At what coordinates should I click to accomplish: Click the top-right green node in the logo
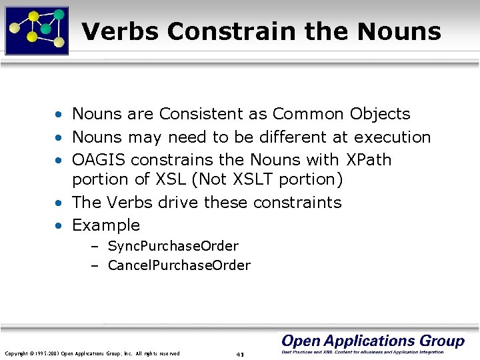point(59,15)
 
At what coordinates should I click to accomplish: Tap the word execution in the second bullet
point(392,137)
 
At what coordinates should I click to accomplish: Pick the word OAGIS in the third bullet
point(99,160)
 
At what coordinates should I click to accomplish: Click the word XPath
point(369,160)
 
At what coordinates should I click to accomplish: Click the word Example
point(106,225)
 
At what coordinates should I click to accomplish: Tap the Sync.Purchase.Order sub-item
point(173,246)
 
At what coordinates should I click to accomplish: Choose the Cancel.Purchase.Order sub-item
point(179,265)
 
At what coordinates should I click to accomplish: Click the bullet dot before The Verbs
point(60,203)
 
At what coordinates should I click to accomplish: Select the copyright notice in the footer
point(92,353)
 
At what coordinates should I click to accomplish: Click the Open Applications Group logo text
point(373,341)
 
